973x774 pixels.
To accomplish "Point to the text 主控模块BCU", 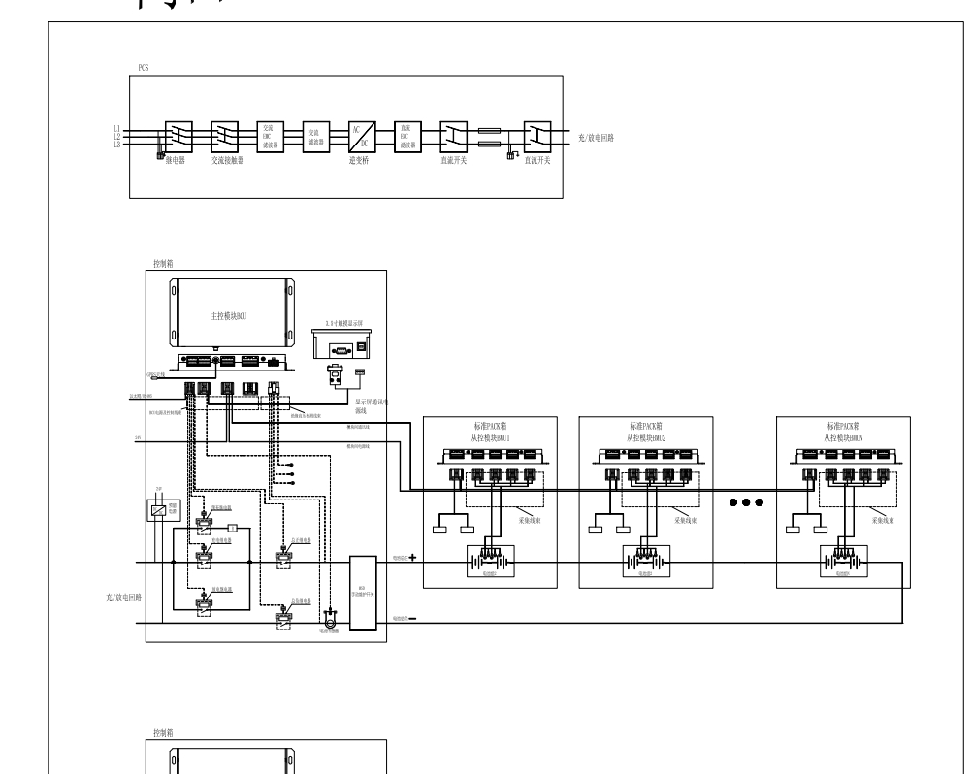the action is pos(231,316).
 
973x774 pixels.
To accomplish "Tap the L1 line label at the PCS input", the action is pos(116,128).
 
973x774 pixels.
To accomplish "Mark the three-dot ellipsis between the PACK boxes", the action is pos(745,501).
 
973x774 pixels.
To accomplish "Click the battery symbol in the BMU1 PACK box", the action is pos(489,562).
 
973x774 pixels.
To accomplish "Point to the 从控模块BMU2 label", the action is pos(645,437).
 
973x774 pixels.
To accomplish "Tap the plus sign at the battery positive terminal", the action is pos(412,558).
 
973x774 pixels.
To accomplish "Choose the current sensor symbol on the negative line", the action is pos(329,615).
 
